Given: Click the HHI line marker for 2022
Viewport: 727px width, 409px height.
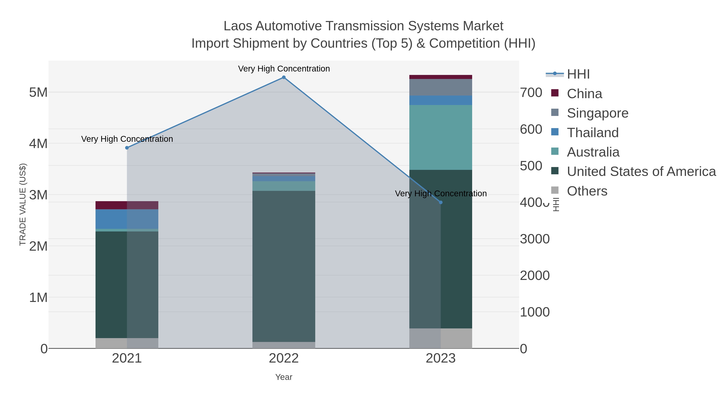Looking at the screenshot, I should pos(284,77).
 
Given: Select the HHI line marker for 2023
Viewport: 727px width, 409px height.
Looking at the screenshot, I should pos(441,202).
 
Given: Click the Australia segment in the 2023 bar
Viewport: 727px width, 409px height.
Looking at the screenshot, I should pos(441,138).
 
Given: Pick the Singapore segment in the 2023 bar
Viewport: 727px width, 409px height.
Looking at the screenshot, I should pos(441,87).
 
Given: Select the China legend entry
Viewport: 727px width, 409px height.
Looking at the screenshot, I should pos(584,94).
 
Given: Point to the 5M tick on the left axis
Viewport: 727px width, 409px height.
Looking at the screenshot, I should pos(38,92).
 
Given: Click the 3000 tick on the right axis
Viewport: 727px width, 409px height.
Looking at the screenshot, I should pos(535,239).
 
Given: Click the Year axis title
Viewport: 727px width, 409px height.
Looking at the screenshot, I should pos(284,377).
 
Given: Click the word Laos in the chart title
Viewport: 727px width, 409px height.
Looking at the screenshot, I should pos(238,26).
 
